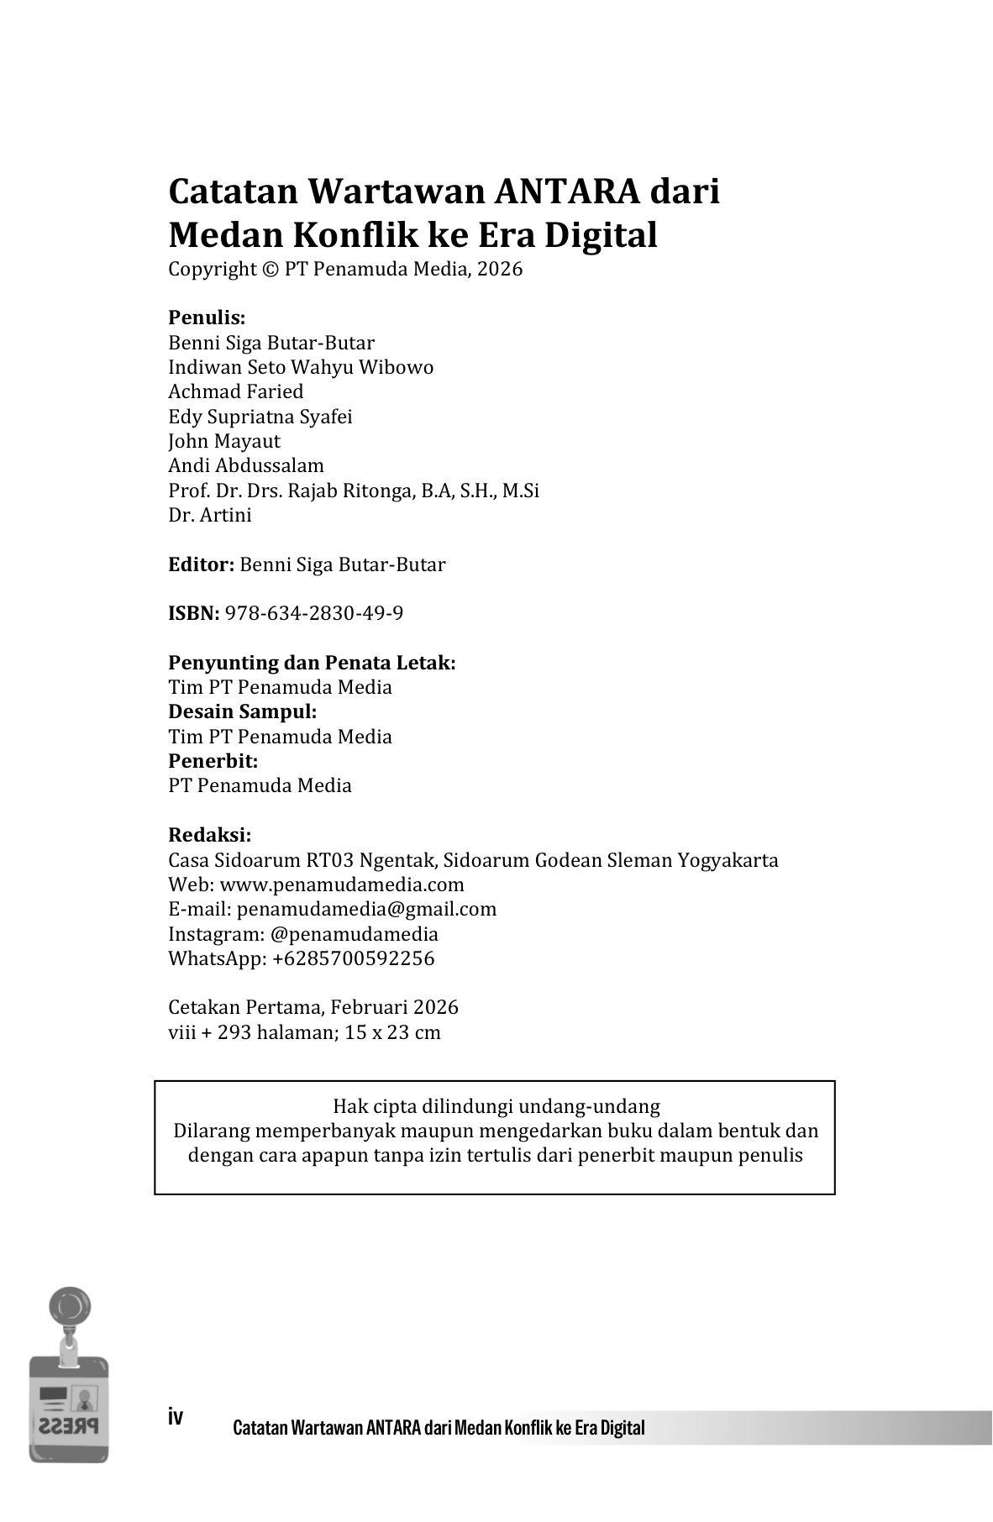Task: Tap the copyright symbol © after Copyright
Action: (269, 269)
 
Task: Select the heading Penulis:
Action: (207, 318)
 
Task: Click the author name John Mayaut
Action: (224, 441)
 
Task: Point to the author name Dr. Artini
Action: (210, 515)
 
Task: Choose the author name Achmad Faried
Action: (236, 391)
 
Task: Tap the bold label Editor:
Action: (201, 564)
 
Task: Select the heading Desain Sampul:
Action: (243, 711)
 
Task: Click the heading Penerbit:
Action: (213, 761)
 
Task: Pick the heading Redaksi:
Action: (210, 835)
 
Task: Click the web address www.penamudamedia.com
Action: (342, 884)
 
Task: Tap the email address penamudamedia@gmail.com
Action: (366, 909)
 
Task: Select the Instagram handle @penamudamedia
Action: (354, 934)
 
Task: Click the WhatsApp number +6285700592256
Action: (353, 958)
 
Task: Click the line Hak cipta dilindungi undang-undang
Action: (496, 1105)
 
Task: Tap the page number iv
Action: (176, 1416)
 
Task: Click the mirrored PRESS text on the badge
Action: (68, 1425)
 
